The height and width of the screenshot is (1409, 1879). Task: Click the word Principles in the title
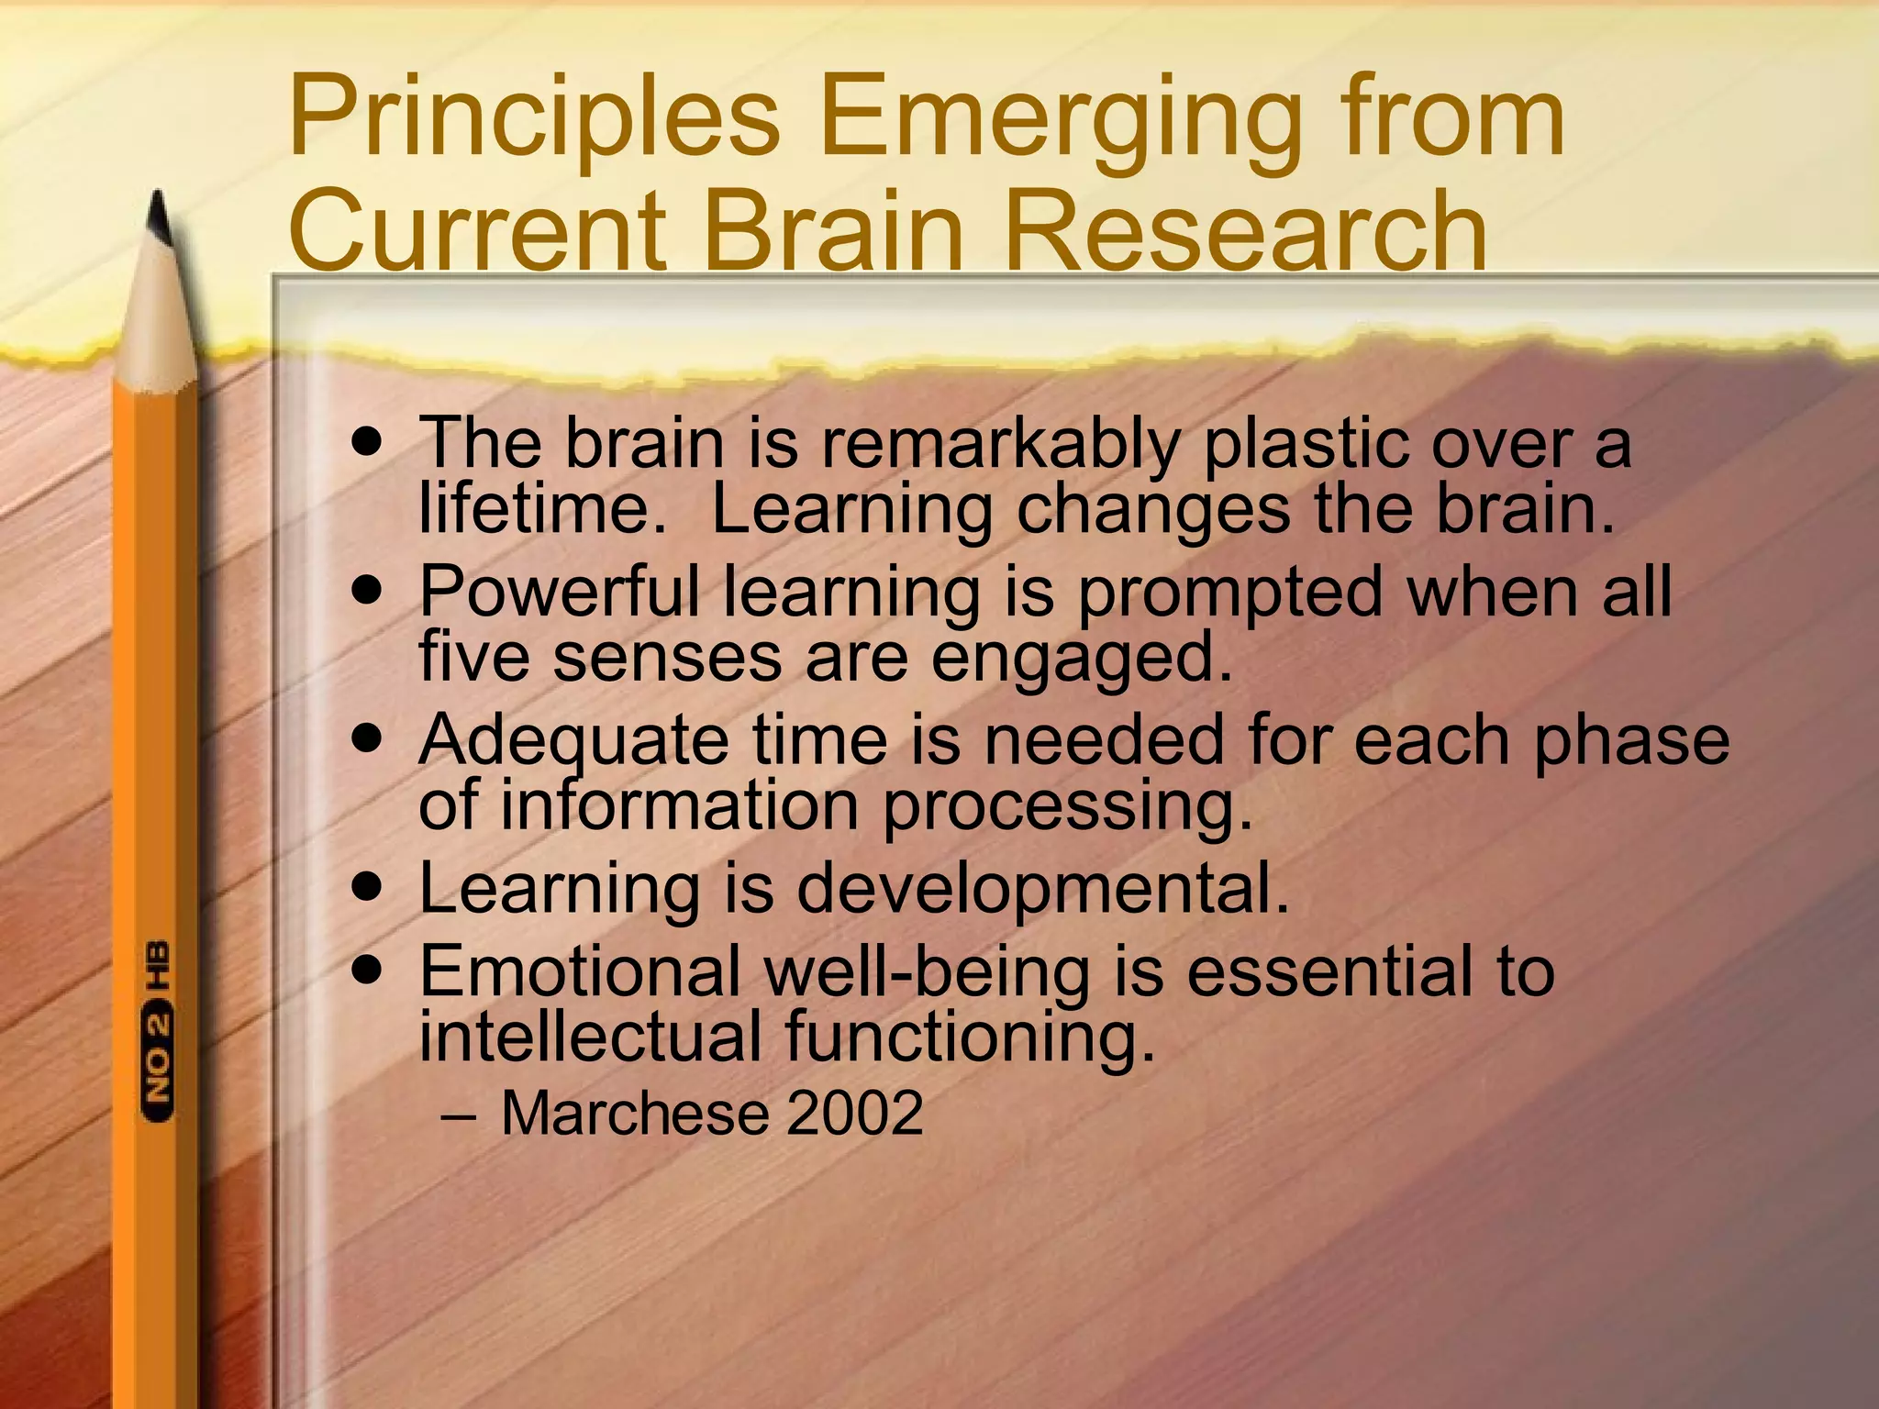click(534, 119)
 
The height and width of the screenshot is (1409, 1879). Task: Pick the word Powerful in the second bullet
click(559, 592)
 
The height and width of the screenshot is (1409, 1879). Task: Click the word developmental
click(1042, 890)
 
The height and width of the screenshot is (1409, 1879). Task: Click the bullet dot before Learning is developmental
click(367, 887)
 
